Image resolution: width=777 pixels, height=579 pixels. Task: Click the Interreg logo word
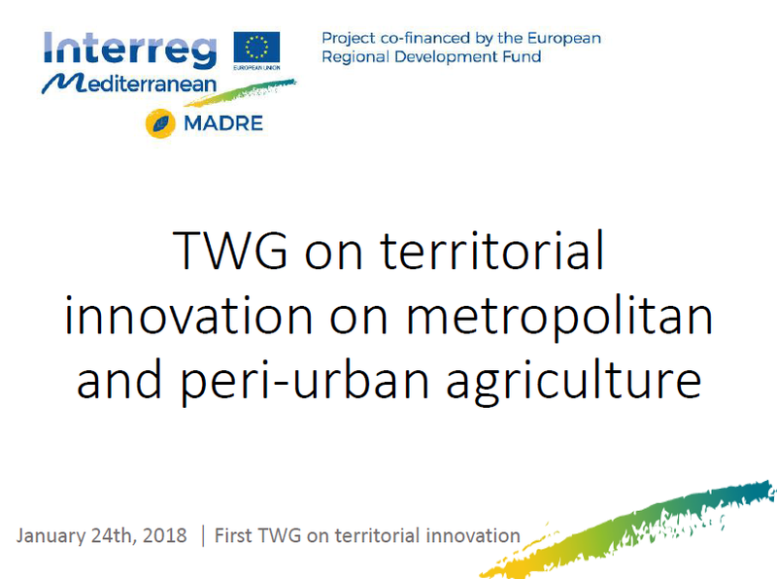click(130, 50)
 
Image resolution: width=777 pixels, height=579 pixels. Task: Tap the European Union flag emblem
click(256, 48)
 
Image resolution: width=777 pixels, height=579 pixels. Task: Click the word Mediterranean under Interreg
click(130, 84)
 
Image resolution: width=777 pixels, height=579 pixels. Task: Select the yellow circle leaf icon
click(160, 123)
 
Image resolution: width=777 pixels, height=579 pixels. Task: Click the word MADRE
click(223, 123)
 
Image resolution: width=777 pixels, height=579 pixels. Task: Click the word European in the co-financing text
click(564, 39)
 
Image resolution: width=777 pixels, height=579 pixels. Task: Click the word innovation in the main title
click(188, 316)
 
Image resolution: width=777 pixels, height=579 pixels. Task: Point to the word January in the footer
click(51, 536)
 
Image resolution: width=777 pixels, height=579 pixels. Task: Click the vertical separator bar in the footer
click(203, 536)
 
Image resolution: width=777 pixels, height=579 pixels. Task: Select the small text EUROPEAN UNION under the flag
click(256, 67)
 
